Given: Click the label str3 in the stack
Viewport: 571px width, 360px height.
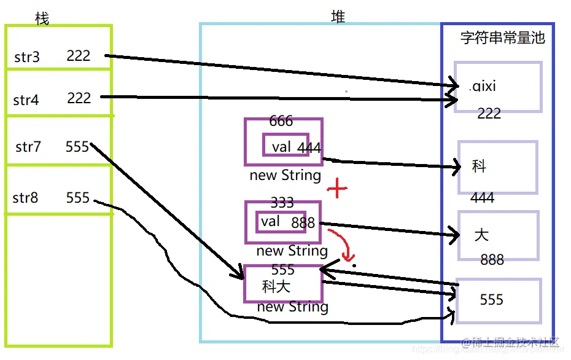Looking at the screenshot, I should coord(27,58).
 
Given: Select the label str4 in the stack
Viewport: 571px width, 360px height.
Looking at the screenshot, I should coord(26,100).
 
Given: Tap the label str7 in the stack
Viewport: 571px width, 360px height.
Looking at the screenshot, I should coord(28,147).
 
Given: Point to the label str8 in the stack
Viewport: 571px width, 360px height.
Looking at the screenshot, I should coord(25,198).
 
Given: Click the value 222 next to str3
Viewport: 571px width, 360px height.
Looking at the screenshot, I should coord(79,56).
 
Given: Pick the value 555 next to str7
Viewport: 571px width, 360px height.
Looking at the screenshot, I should coord(77,147).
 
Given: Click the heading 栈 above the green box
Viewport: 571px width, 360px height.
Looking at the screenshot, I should coord(42,19).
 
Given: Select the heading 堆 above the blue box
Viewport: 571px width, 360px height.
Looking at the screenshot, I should coord(338,17).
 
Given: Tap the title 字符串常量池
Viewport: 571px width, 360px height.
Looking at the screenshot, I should coord(502,37).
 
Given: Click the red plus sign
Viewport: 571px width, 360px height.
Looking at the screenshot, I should coord(336,189).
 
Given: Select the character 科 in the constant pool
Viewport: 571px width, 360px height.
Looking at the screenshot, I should coord(479,166).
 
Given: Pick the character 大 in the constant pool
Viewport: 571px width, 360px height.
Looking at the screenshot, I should coord(481,235).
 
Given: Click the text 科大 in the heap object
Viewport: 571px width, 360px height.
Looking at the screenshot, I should coord(276,286).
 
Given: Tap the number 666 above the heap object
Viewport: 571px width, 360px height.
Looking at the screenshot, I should coord(281,121).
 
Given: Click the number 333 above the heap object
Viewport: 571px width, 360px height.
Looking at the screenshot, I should coord(282,203).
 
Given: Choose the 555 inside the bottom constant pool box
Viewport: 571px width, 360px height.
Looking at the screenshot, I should coord(491,300).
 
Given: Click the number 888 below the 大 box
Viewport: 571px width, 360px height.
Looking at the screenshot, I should coord(492,260).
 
